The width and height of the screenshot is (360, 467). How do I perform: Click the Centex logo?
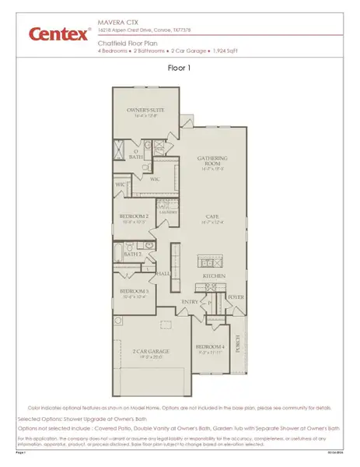59,34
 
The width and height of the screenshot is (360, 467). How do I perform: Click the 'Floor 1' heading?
180,68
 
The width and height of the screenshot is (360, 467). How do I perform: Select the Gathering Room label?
211,161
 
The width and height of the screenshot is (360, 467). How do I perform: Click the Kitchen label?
215,276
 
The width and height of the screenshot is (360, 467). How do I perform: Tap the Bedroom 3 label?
135,293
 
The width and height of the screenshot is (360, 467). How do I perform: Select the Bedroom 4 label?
209,346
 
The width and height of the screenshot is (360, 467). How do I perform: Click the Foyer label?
236,297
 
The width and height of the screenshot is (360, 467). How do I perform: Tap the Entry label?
190,301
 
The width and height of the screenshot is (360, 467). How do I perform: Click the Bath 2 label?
132,254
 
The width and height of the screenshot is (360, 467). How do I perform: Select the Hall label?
163,274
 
